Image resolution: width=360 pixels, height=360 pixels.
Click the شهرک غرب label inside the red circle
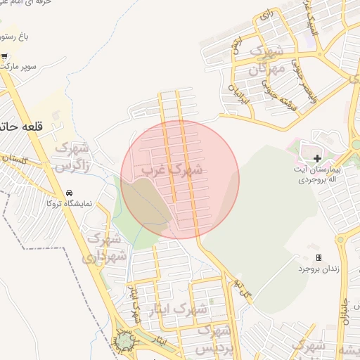click(x=172, y=169)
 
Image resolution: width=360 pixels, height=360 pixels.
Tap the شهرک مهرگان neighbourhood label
click(x=266, y=61)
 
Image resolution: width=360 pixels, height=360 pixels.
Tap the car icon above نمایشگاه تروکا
click(x=69, y=193)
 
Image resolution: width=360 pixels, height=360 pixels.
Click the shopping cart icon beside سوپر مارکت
click(x=5, y=56)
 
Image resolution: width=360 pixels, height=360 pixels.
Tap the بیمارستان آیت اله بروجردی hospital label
click(x=317, y=174)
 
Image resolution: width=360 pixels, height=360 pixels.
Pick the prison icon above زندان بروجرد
click(x=319, y=258)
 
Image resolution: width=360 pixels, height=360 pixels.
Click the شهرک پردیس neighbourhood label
click(x=214, y=339)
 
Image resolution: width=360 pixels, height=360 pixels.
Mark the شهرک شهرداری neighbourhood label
click(x=103, y=247)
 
